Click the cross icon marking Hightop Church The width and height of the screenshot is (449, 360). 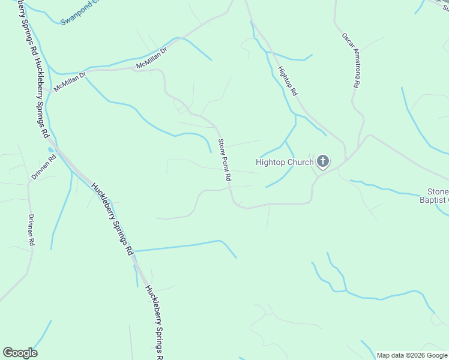[323, 161]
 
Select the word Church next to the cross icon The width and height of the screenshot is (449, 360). [301, 162]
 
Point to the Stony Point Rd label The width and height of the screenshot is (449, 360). [224, 160]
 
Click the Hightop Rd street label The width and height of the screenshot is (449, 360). [288, 82]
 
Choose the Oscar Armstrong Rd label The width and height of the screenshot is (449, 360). [350, 60]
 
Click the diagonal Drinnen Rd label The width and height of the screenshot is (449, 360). [44, 167]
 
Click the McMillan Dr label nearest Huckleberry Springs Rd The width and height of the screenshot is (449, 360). [70, 82]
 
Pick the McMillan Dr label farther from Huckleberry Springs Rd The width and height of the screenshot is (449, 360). [151, 61]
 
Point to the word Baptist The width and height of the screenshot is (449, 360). [434, 199]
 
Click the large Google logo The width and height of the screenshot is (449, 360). [20, 353]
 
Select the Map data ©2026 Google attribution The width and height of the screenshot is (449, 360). [412, 355]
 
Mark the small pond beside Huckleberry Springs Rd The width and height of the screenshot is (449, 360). [50, 149]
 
